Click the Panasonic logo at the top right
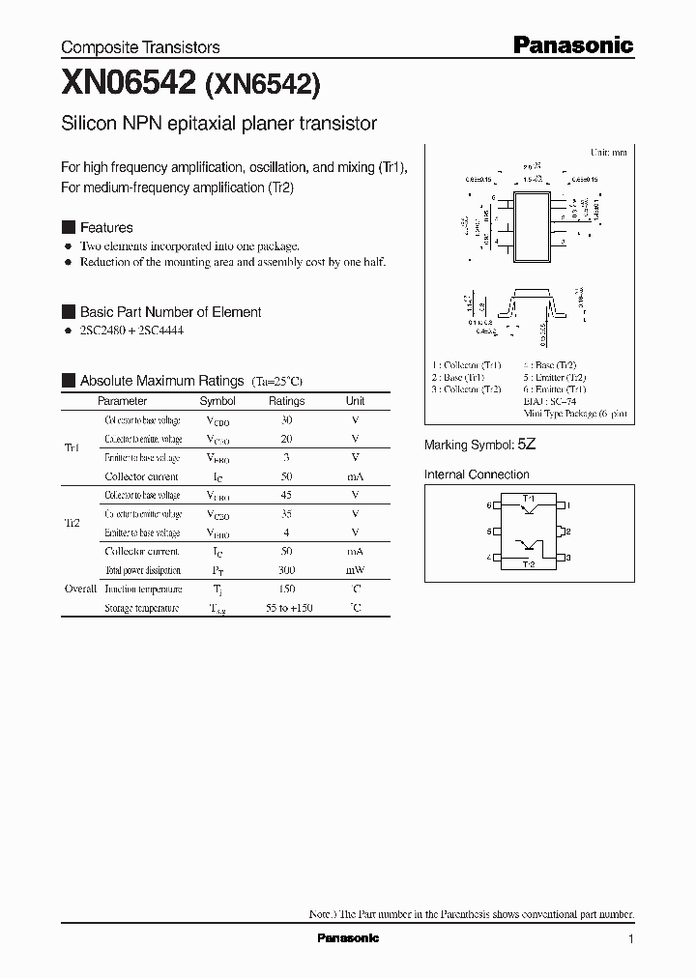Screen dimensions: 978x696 pyautogui.click(x=571, y=44)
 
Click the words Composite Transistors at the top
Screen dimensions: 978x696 pyautogui.click(x=140, y=47)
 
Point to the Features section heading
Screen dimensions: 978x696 pyautogui.click(x=106, y=228)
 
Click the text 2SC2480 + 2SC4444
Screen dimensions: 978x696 pyautogui.click(x=131, y=331)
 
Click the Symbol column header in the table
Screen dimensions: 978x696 pyautogui.click(x=217, y=401)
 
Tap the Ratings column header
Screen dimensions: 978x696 pyautogui.click(x=286, y=401)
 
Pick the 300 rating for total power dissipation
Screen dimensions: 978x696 pyautogui.click(x=286, y=571)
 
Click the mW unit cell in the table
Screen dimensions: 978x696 pyautogui.click(x=355, y=571)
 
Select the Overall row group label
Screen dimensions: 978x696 pyautogui.click(x=80, y=589)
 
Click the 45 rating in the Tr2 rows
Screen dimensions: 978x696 pyautogui.click(x=286, y=496)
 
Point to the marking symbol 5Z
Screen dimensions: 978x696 pyautogui.click(x=526, y=446)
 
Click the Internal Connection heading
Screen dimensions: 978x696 pyautogui.click(x=477, y=475)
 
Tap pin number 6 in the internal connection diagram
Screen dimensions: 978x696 pyautogui.click(x=490, y=505)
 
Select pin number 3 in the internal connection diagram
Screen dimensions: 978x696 pyautogui.click(x=569, y=558)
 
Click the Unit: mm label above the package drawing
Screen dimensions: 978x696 pyautogui.click(x=608, y=153)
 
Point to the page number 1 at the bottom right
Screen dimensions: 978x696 pyautogui.click(x=630, y=939)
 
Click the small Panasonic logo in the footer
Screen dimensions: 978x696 pyautogui.click(x=348, y=938)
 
